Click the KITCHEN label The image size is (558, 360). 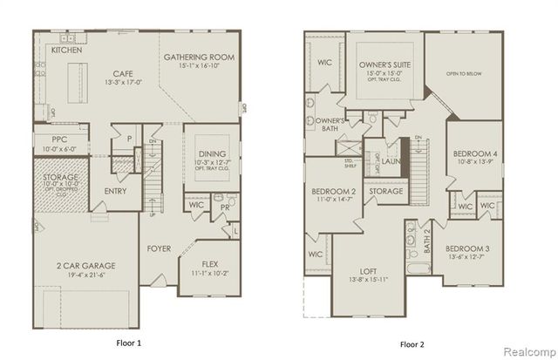[66, 51]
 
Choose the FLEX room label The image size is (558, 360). [208, 263]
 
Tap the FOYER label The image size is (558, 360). [160, 248]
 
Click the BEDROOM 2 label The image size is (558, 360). [332, 190]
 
